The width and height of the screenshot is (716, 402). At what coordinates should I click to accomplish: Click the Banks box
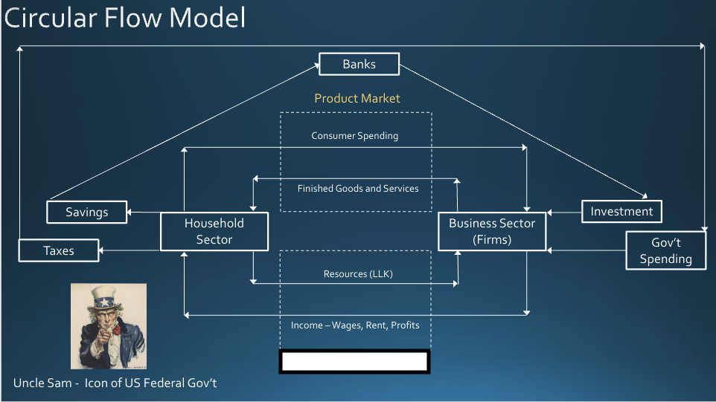[359, 64]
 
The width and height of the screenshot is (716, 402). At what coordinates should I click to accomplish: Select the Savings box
[87, 212]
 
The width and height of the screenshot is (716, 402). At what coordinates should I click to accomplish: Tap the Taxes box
[58, 250]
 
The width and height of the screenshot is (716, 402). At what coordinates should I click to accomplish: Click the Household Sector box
[214, 231]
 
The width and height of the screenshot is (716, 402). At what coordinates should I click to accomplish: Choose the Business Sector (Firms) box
[492, 231]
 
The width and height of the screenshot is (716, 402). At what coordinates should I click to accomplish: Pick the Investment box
[621, 211]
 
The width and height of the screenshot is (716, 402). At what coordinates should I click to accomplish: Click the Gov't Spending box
[665, 250]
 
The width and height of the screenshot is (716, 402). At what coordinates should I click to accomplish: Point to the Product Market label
[357, 98]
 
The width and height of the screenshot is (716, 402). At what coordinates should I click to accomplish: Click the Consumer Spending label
[355, 136]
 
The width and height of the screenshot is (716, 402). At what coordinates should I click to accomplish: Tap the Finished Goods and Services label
[358, 189]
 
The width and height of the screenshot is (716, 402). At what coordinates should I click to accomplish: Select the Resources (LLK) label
[358, 274]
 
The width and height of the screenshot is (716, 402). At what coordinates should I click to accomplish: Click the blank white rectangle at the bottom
[354, 361]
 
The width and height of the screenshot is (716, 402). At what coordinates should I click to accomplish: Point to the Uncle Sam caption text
[115, 383]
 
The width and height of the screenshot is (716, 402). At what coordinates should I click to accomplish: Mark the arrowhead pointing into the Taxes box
[102, 251]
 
